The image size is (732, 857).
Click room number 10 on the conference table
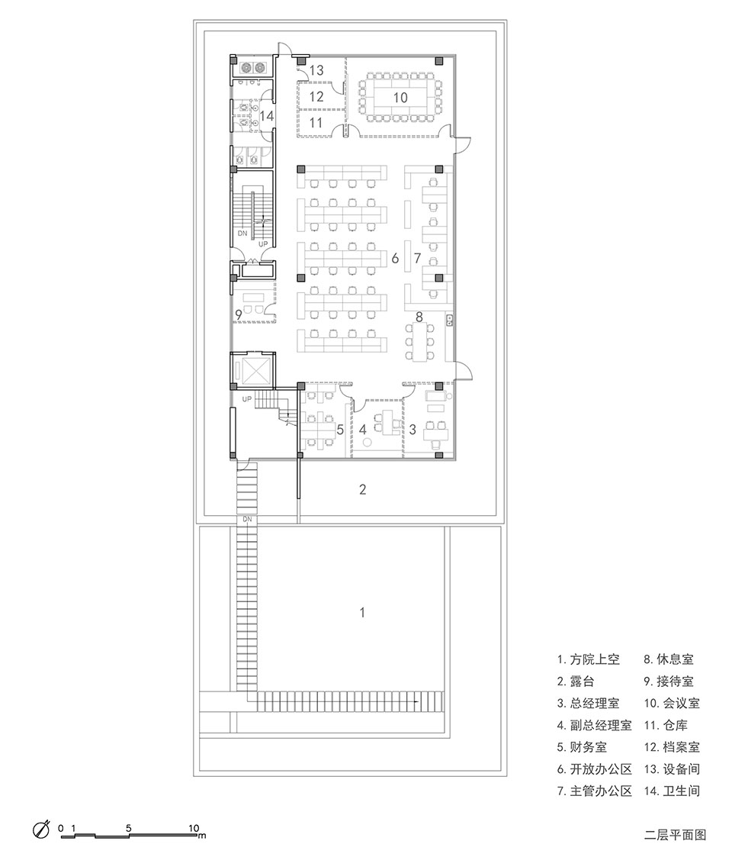click(400, 97)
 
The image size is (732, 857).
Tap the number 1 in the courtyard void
click(363, 612)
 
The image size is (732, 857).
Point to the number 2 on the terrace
click(363, 489)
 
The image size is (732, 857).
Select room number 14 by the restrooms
click(266, 116)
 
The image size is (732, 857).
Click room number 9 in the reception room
click(239, 314)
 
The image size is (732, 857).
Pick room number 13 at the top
click(316, 71)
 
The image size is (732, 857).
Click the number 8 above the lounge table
click(419, 316)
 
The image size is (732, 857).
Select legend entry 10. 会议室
click(671, 704)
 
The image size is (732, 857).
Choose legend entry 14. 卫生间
click(671, 791)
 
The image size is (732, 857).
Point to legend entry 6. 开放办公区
click(595, 769)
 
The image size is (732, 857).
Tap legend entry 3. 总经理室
click(591, 704)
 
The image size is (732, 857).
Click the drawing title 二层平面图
click(675, 835)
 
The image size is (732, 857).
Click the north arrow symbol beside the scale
click(41, 830)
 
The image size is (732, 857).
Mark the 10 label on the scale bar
click(194, 827)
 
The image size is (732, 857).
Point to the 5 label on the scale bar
click(129, 827)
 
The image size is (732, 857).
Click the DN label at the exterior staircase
click(247, 519)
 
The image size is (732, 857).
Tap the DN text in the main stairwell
click(242, 233)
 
